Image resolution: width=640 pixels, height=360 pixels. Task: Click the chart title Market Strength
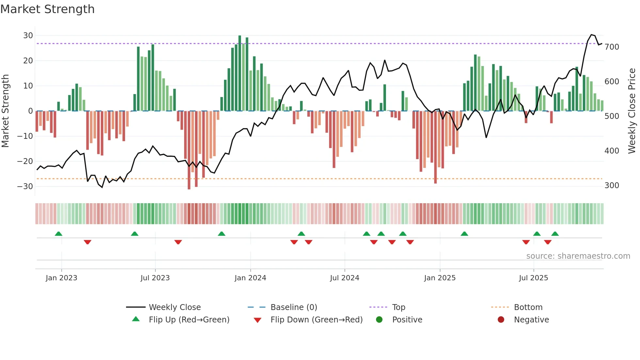coord(47,9)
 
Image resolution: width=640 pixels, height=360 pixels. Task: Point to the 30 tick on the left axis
coord(28,35)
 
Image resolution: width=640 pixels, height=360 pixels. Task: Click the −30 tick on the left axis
coord(25,186)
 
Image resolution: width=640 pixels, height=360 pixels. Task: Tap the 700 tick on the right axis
coord(612,47)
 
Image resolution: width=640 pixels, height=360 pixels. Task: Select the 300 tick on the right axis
coord(612,185)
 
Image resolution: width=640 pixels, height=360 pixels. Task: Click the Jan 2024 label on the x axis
coord(250,278)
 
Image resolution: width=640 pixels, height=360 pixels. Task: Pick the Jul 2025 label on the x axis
coord(533,278)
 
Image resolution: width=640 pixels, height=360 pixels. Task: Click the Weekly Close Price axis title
coord(632,111)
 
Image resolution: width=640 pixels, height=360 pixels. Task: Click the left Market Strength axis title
coord(5,111)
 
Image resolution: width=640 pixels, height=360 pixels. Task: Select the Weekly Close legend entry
coord(174,307)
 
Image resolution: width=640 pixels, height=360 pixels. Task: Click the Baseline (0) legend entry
coord(294,307)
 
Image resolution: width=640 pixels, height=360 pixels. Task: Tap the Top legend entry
coord(398,307)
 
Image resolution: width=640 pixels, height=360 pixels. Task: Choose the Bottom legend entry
coord(528,307)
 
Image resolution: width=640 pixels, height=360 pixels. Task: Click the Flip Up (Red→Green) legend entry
coord(189,319)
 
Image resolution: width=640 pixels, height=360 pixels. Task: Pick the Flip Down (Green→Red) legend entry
coord(316,319)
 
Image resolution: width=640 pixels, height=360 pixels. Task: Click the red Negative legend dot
coord(501,319)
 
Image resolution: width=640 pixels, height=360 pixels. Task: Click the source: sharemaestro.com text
coord(578,256)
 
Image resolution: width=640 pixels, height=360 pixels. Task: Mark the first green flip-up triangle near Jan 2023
coord(58,234)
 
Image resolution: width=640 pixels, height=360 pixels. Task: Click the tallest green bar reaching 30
coord(240,73)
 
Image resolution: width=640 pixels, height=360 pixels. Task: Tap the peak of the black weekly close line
coord(591,35)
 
